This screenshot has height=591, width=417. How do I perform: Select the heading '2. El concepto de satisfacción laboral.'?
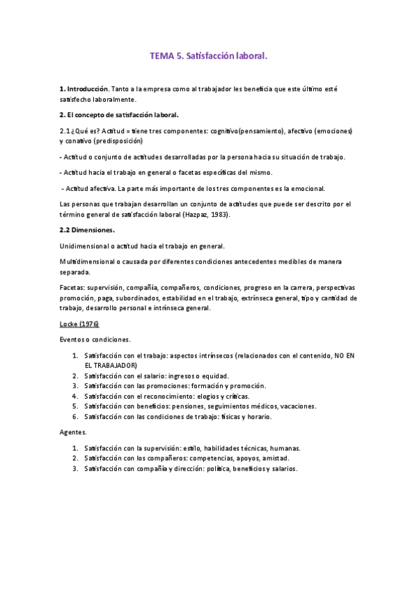pyautogui.click(x=119, y=115)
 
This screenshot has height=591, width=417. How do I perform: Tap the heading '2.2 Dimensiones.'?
pyautogui.click(x=88, y=229)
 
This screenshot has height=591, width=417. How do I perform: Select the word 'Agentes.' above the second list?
pyautogui.click(x=74, y=433)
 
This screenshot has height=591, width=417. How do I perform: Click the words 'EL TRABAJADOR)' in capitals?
pyautogui.click(x=111, y=364)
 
